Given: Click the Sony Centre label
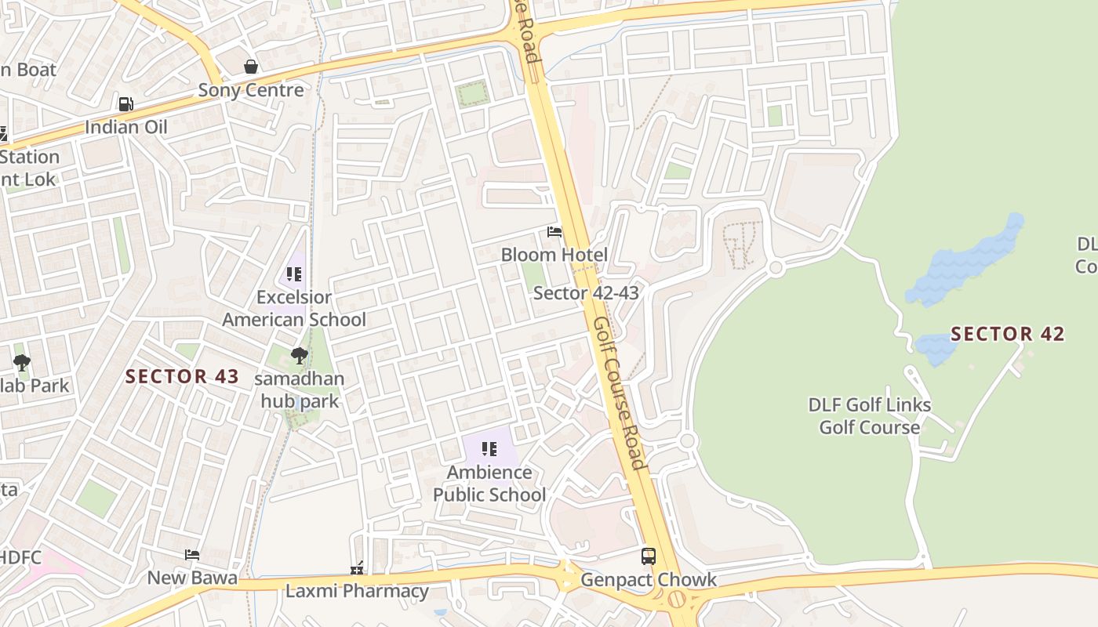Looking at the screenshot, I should [x=250, y=90].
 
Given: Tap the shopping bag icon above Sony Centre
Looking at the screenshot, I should [x=251, y=67].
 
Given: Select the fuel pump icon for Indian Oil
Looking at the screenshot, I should [x=125, y=103].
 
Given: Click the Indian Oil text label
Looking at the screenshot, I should [x=125, y=127].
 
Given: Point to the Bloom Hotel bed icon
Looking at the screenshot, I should [x=554, y=232].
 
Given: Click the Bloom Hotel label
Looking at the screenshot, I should [x=554, y=255].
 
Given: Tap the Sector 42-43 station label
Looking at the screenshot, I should [x=586, y=293].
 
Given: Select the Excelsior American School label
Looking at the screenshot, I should [x=293, y=309].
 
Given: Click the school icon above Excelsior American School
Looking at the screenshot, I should [x=294, y=274].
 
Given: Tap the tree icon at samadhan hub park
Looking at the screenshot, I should [x=299, y=356].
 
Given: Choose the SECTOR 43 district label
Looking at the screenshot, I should [x=182, y=376].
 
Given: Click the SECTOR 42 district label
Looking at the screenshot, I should [x=1008, y=334].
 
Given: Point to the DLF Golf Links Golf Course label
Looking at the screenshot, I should [x=870, y=416].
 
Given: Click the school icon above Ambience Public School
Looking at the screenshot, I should [x=489, y=449].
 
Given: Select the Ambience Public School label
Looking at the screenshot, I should [x=489, y=484].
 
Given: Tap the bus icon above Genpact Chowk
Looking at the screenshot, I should [x=649, y=556].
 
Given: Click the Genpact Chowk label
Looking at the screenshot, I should [x=649, y=580].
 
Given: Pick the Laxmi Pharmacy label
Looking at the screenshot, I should [x=357, y=591].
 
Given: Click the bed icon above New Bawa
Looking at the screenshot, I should [x=192, y=555].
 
